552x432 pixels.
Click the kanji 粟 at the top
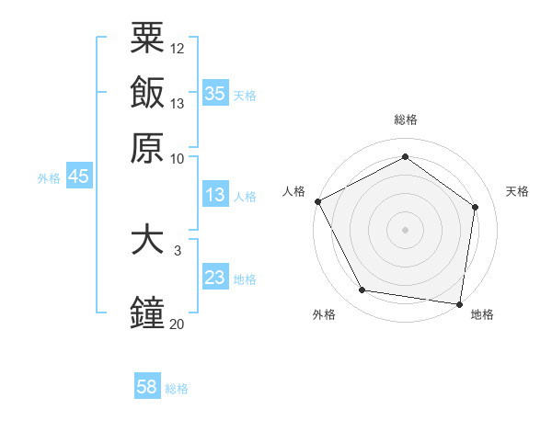(147, 39)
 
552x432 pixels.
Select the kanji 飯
(147, 93)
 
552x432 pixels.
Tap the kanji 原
(147, 147)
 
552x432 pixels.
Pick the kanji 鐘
(147, 313)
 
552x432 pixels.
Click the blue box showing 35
(214, 94)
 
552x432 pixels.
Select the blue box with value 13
(214, 195)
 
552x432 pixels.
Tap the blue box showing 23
(214, 278)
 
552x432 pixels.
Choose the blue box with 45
(78, 177)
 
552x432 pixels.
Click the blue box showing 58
(147, 387)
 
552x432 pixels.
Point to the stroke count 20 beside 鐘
(177, 324)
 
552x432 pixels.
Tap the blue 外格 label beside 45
(49, 178)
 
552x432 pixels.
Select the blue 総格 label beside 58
(177, 389)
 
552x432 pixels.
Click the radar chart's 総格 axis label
(405, 120)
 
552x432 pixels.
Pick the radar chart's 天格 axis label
(517, 191)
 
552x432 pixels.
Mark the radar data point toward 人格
(317, 201)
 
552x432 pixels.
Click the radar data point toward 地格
(459, 303)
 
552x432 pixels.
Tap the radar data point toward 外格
(362, 290)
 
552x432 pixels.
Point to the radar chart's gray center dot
(405, 229)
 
